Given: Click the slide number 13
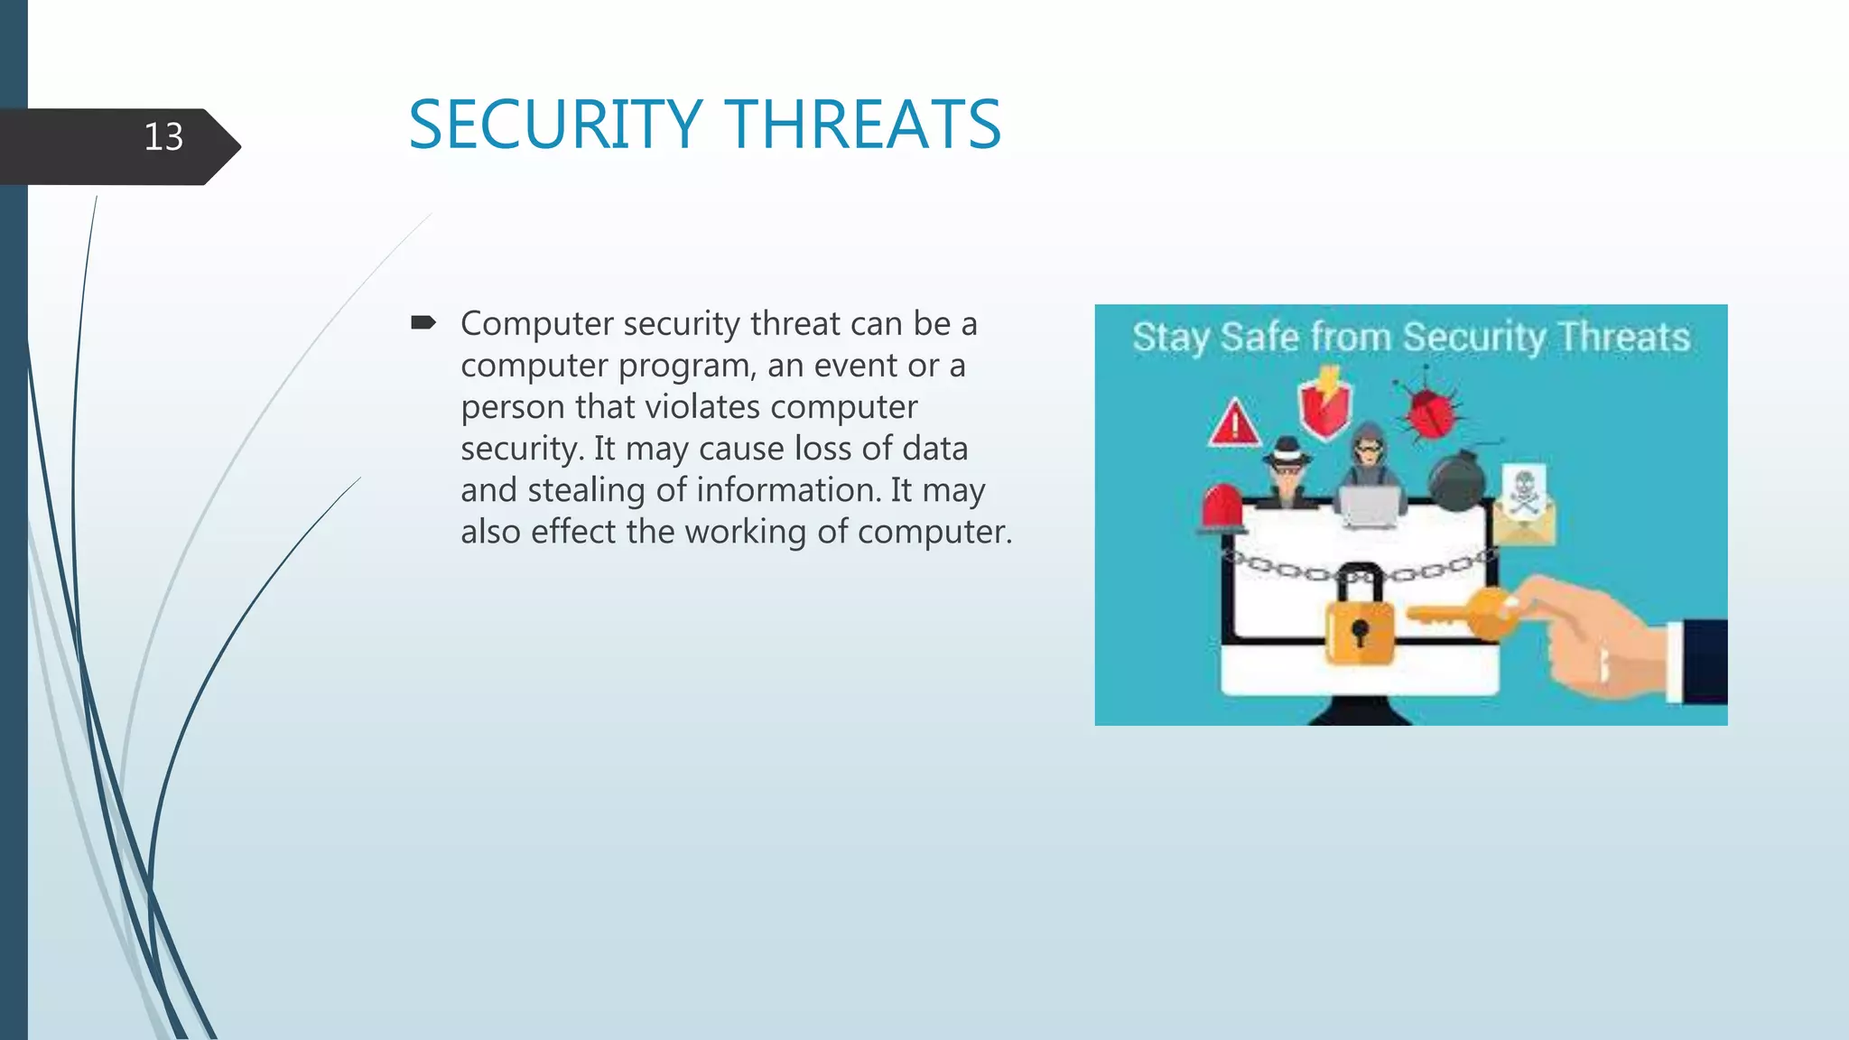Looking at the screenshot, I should (163, 137).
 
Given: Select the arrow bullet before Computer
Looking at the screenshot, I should (423, 322).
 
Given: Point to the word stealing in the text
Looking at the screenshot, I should (587, 490).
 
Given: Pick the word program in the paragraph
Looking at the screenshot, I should (685, 366).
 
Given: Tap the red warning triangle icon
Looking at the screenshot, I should (1234, 423).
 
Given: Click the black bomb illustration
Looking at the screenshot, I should (1455, 482).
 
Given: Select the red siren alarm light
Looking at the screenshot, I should (1222, 508).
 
